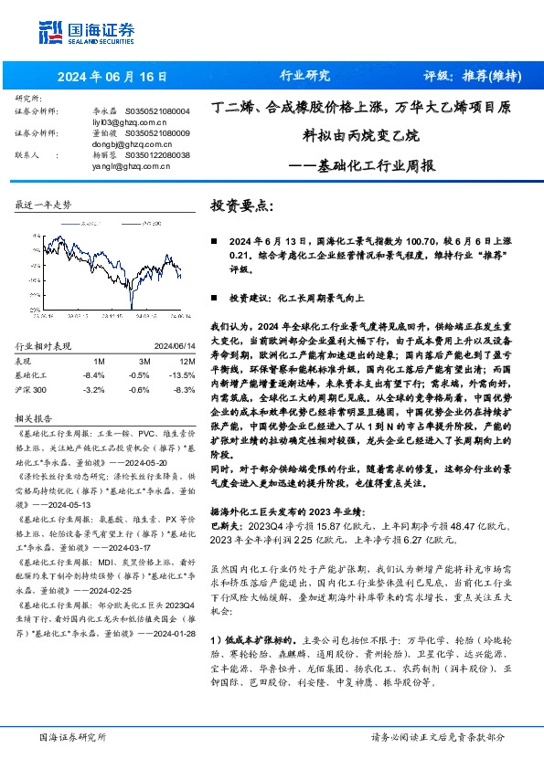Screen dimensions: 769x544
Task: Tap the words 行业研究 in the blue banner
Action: point(304,77)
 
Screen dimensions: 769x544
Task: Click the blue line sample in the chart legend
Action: point(69,221)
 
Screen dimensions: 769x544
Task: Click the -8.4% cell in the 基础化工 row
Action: point(93,374)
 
